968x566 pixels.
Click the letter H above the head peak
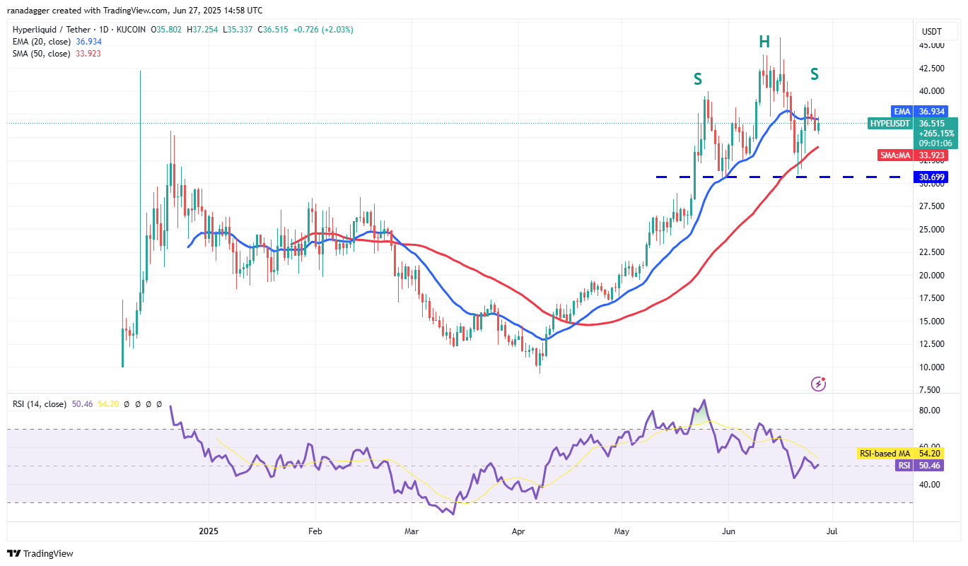(x=764, y=42)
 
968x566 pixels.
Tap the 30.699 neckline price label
(x=931, y=177)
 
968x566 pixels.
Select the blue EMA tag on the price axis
(x=902, y=112)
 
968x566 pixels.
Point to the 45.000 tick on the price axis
(x=931, y=45)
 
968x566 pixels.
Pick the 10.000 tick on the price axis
(x=931, y=367)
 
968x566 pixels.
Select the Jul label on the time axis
(x=832, y=530)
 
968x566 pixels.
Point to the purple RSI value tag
(x=903, y=466)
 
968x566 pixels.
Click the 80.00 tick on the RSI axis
(x=930, y=411)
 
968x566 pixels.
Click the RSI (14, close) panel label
(x=40, y=404)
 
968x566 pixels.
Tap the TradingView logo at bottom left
(x=40, y=553)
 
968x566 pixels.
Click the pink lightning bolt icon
(x=819, y=384)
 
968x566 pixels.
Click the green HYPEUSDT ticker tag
(x=890, y=123)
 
